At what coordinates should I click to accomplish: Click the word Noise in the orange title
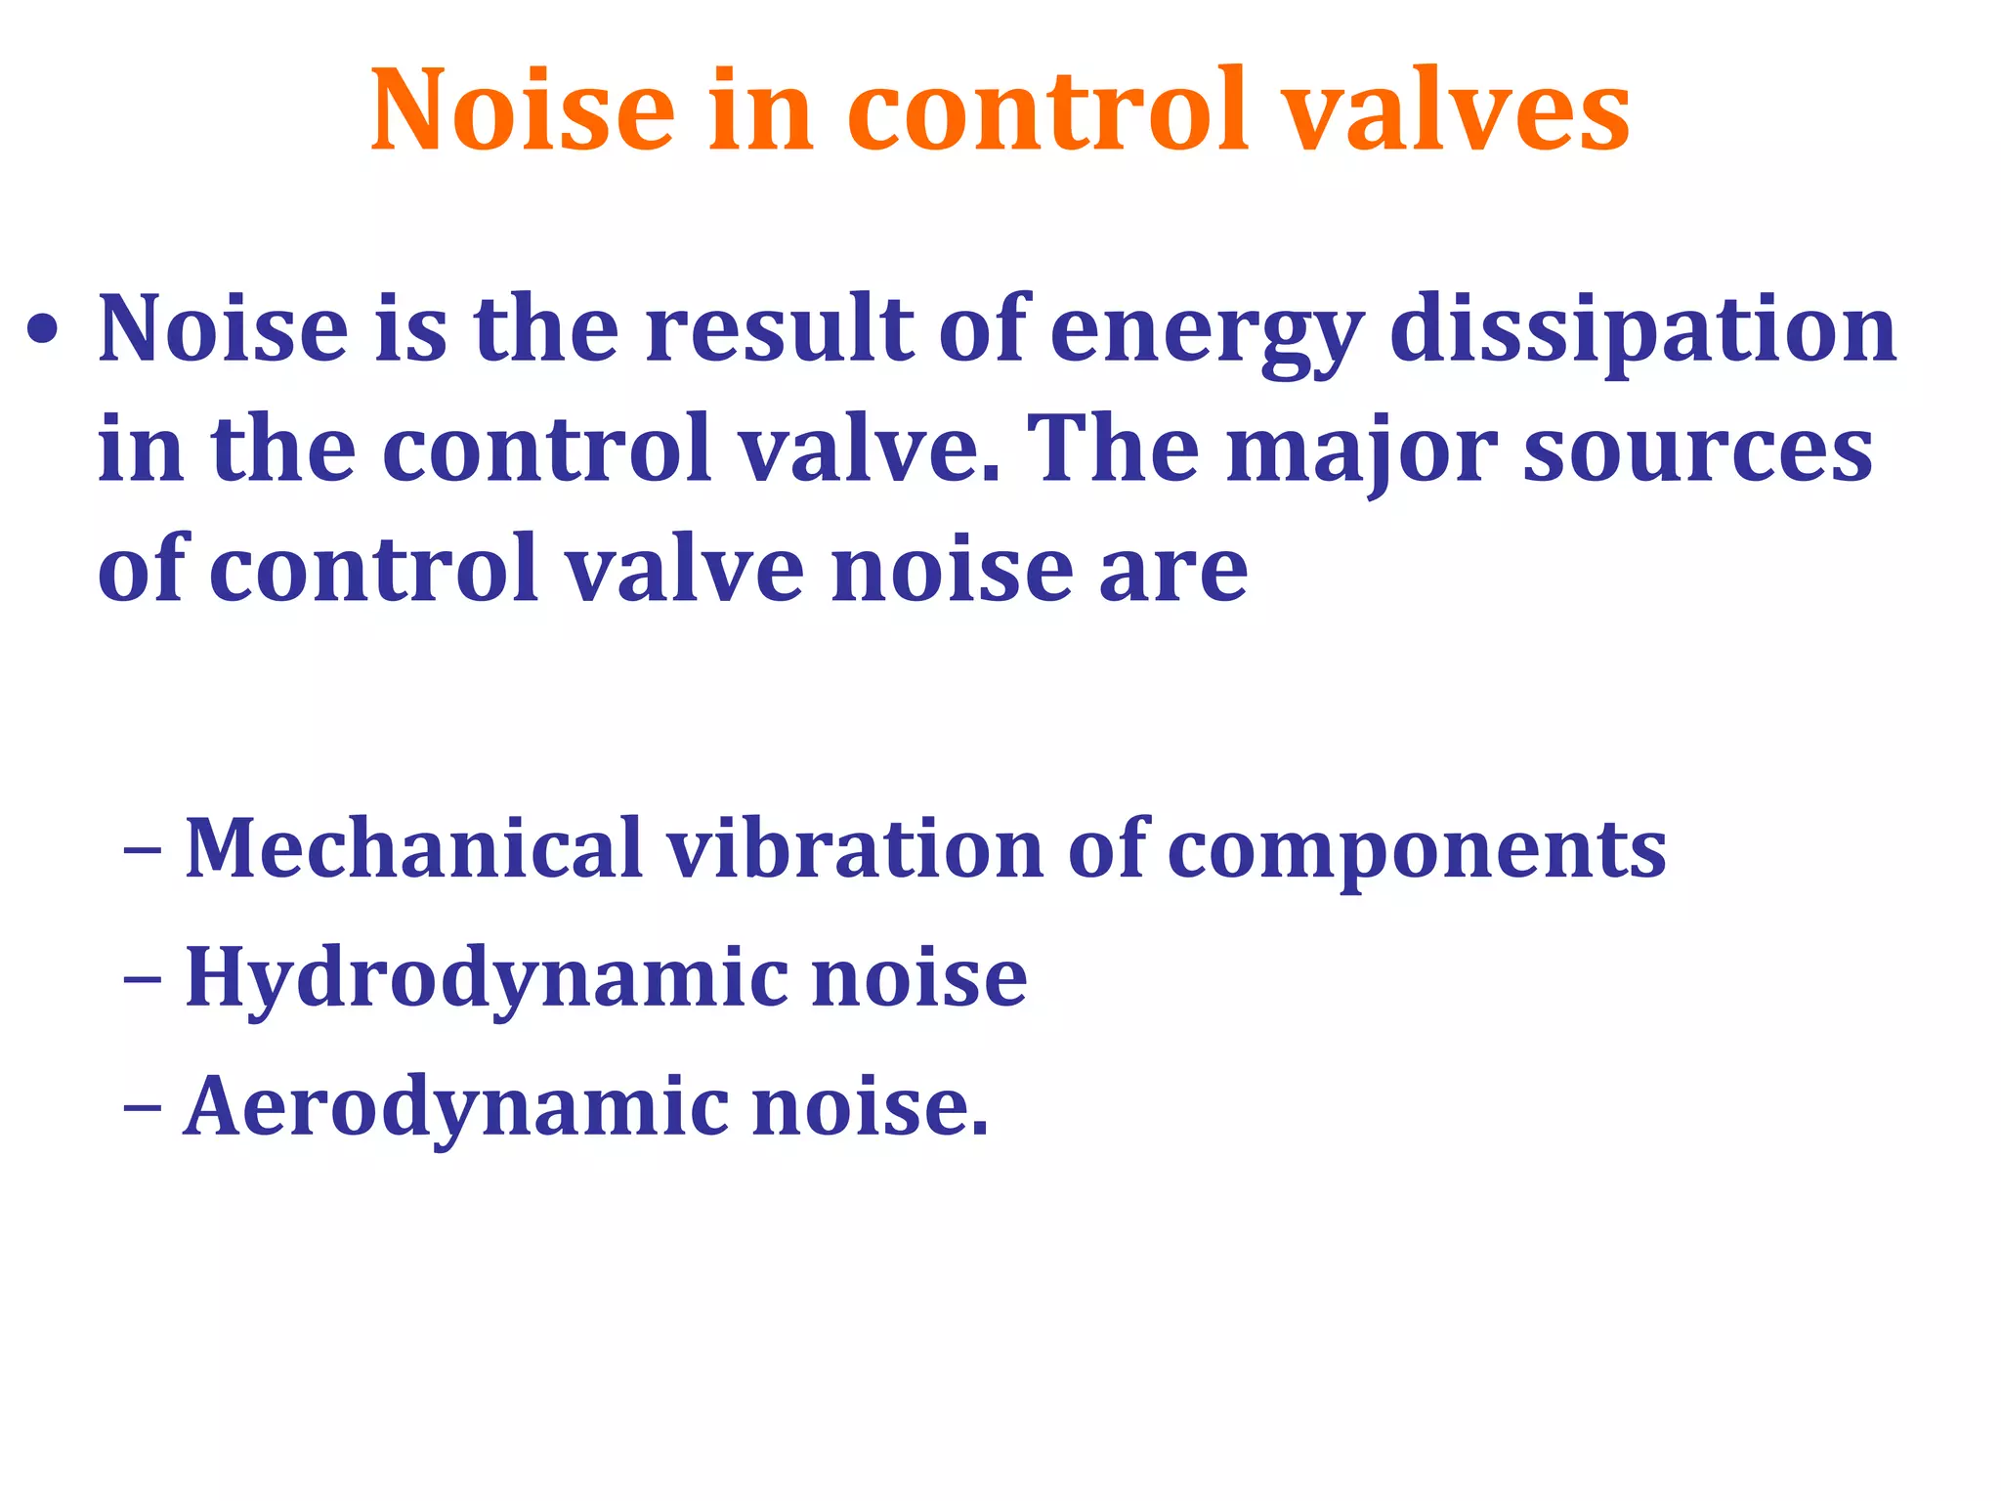coord(522,109)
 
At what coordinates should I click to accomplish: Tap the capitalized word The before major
coord(1114,450)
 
